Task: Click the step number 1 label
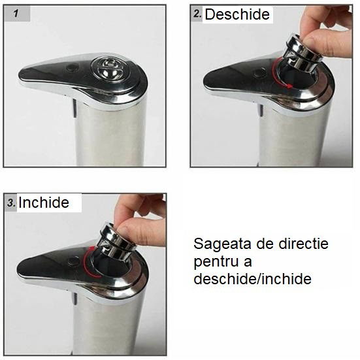pos(14,13)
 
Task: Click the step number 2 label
pos(197,14)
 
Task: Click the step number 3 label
pos(11,203)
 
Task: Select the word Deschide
pos(237,14)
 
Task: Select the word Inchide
pos(44,203)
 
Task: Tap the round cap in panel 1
pos(107,68)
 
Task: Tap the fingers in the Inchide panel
pos(140,219)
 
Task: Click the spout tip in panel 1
pos(26,76)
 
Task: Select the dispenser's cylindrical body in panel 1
pos(110,134)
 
